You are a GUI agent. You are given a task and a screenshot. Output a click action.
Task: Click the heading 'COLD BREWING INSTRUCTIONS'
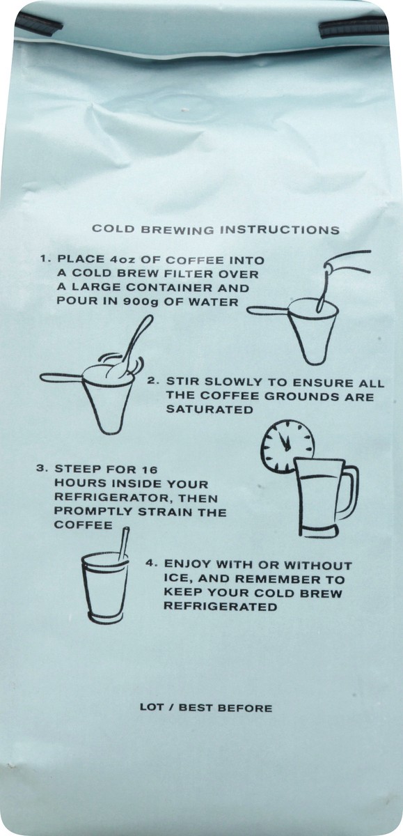click(x=216, y=229)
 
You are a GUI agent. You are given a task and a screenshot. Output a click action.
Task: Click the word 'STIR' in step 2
click(x=182, y=383)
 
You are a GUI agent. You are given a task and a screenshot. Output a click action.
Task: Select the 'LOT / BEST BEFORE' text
click(x=206, y=708)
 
